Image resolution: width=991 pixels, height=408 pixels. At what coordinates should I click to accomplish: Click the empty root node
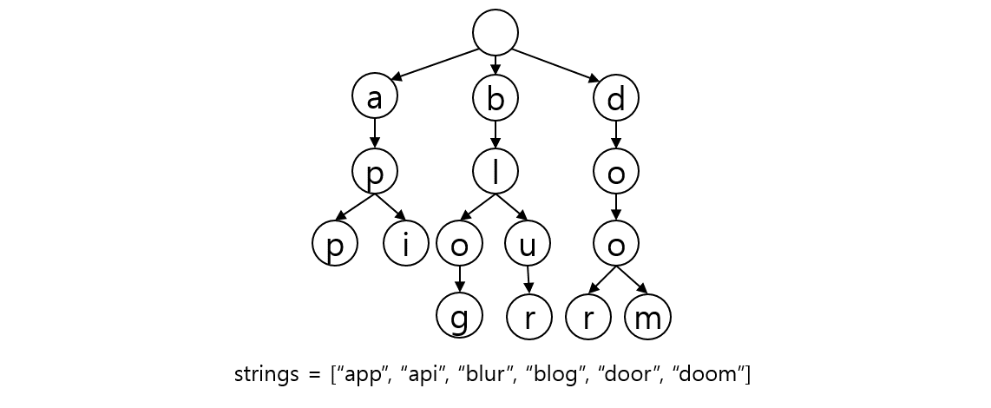495,32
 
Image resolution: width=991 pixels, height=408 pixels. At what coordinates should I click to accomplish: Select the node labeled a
375,96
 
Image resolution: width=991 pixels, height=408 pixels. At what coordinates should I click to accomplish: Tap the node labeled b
495,96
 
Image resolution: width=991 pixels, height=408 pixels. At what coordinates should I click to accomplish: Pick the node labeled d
616,96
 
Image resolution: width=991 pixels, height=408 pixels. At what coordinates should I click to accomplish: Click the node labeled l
495,171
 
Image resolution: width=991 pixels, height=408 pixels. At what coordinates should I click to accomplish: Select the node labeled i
406,244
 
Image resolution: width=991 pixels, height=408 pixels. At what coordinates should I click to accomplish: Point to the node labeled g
459,315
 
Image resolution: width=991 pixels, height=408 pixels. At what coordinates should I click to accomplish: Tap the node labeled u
528,244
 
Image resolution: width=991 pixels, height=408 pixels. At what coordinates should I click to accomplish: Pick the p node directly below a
375,171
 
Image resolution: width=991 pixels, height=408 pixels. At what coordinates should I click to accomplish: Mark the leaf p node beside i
335,244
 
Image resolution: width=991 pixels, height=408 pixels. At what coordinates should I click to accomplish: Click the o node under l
459,244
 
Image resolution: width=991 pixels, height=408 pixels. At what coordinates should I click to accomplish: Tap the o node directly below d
616,171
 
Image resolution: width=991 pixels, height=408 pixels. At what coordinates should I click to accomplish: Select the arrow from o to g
459,279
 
